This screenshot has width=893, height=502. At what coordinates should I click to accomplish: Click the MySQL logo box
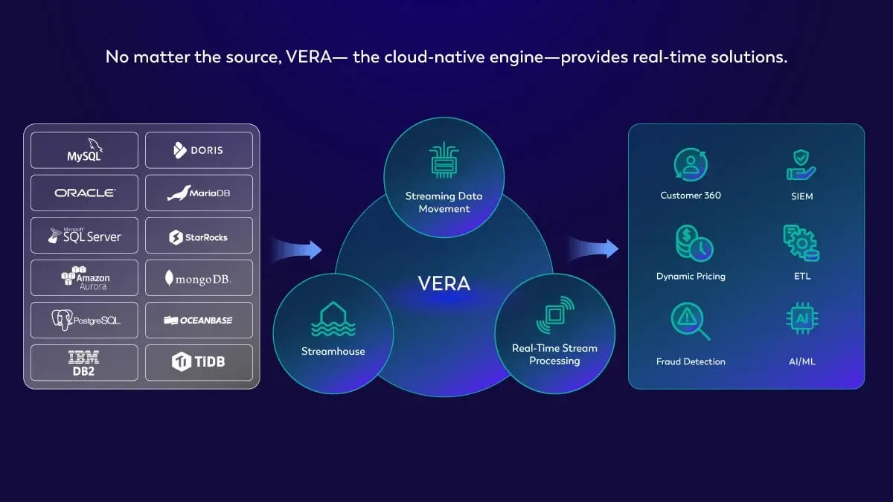[84, 150]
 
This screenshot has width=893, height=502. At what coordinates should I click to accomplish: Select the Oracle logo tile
[84, 193]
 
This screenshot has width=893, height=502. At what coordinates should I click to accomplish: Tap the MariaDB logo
[199, 193]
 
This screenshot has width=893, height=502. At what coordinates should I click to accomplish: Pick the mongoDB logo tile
[199, 279]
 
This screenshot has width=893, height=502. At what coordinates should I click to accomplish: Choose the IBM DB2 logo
[84, 363]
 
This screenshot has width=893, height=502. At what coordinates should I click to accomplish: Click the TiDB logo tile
[199, 363]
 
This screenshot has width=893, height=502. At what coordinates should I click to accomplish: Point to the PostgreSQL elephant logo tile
[84, 321]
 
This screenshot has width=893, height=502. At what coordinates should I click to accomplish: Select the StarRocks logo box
[199, 236]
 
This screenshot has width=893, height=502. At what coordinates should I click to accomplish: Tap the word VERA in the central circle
[444, 283]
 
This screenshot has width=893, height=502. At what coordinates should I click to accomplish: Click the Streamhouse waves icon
[333, 321]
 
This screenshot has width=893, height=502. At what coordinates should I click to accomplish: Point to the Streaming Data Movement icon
[444, 161]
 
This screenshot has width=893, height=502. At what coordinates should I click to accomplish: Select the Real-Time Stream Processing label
[554, 354]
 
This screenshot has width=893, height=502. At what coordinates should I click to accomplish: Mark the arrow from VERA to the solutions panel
[594, 248]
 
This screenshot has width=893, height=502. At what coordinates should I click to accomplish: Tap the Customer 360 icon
[691, 165]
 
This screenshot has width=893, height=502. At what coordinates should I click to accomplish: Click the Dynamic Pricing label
[691, 276]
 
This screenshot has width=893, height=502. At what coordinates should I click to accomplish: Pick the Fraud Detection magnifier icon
[691, 321]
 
